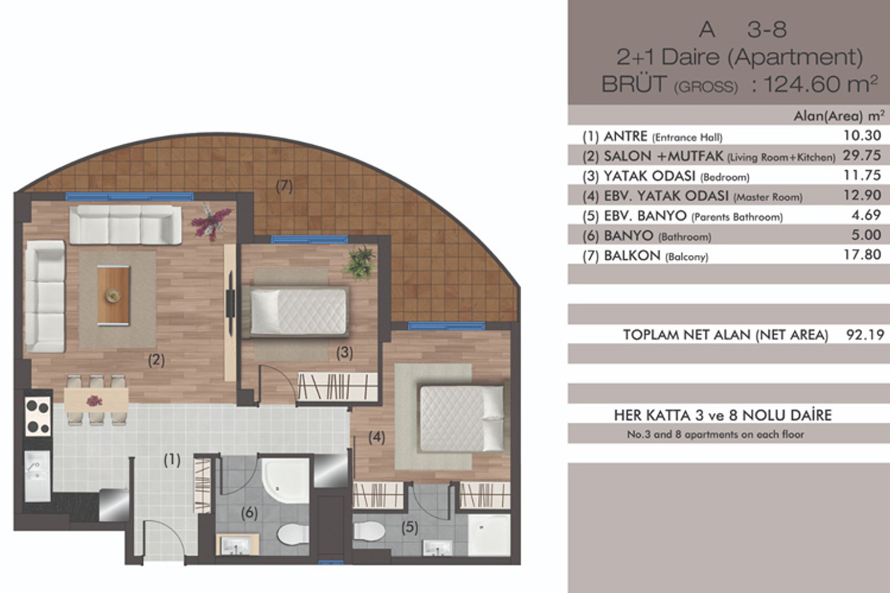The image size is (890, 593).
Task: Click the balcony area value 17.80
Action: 862,254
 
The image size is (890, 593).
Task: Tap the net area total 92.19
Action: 866,335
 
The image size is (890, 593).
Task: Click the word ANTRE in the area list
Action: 625,136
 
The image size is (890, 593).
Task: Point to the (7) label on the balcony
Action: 284,186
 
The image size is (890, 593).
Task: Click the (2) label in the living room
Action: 156,360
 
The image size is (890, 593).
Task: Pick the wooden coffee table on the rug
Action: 113,295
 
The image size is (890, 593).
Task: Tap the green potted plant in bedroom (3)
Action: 359,263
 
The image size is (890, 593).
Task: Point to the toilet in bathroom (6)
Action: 293,534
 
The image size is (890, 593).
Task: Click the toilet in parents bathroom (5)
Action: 369,531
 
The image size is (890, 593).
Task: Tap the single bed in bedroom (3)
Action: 296,312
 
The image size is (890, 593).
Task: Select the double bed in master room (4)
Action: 462,419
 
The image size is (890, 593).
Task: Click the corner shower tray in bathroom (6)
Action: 285,480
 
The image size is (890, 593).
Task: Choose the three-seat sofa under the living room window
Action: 126,225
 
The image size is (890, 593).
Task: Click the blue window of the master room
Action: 447,326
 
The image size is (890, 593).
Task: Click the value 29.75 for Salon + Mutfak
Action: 862,155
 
